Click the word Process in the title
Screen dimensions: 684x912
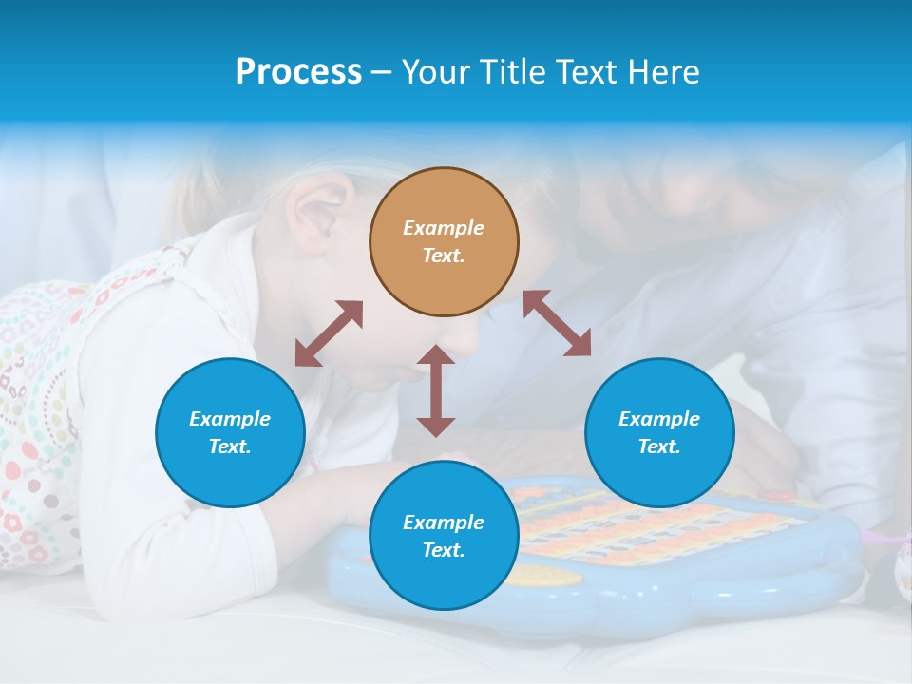pyautogui.click(x=298, y=72)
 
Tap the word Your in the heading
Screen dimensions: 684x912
pyautogui.click(x=436, y=72)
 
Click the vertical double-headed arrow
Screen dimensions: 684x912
pyautogui.click(x=436, y=390)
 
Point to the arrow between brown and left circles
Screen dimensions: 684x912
pyautogui.click(x=329, y=333)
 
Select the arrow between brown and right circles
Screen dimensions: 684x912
pyautogui.click(x=557, y=323)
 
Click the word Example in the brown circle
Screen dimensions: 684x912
pyautogui.click(x=444, y=228)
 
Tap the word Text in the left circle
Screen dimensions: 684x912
pyautogui.click(x=230, y=446)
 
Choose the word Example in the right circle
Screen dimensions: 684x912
pyautogui.click(x=659, y=419)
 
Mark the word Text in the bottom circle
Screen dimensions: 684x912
pyautogui.click(x=444, y=550)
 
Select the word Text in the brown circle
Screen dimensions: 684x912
pyautogui.click(x=444, y=256)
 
